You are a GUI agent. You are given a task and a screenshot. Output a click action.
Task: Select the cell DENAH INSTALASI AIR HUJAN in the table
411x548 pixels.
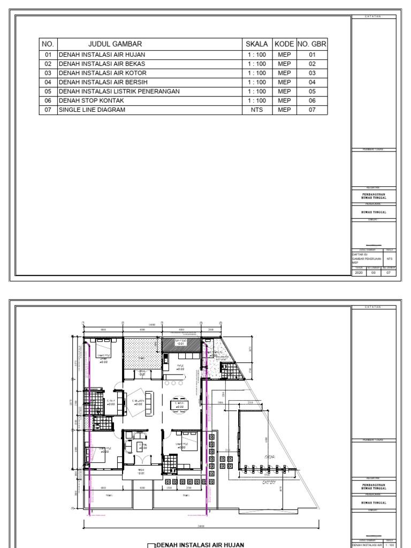102,55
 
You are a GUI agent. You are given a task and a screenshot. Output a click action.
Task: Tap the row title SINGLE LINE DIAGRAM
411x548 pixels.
92,110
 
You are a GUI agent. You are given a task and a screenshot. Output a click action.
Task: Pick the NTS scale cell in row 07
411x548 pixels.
257,110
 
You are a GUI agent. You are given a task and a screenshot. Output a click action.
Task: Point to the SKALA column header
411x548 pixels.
257,44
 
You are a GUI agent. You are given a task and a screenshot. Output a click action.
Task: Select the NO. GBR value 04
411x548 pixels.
313,82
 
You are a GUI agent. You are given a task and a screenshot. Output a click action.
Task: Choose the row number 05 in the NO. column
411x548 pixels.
48,92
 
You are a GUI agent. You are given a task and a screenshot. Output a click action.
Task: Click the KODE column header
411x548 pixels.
284,44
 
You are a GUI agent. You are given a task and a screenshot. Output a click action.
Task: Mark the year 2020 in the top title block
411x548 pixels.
359,272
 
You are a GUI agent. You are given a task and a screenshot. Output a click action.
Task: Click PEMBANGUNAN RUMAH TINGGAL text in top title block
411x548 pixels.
374,195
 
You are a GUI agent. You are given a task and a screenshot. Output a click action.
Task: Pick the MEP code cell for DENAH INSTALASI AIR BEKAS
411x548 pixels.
284,64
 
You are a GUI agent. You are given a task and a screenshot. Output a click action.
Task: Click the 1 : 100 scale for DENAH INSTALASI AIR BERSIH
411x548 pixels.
257,82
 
